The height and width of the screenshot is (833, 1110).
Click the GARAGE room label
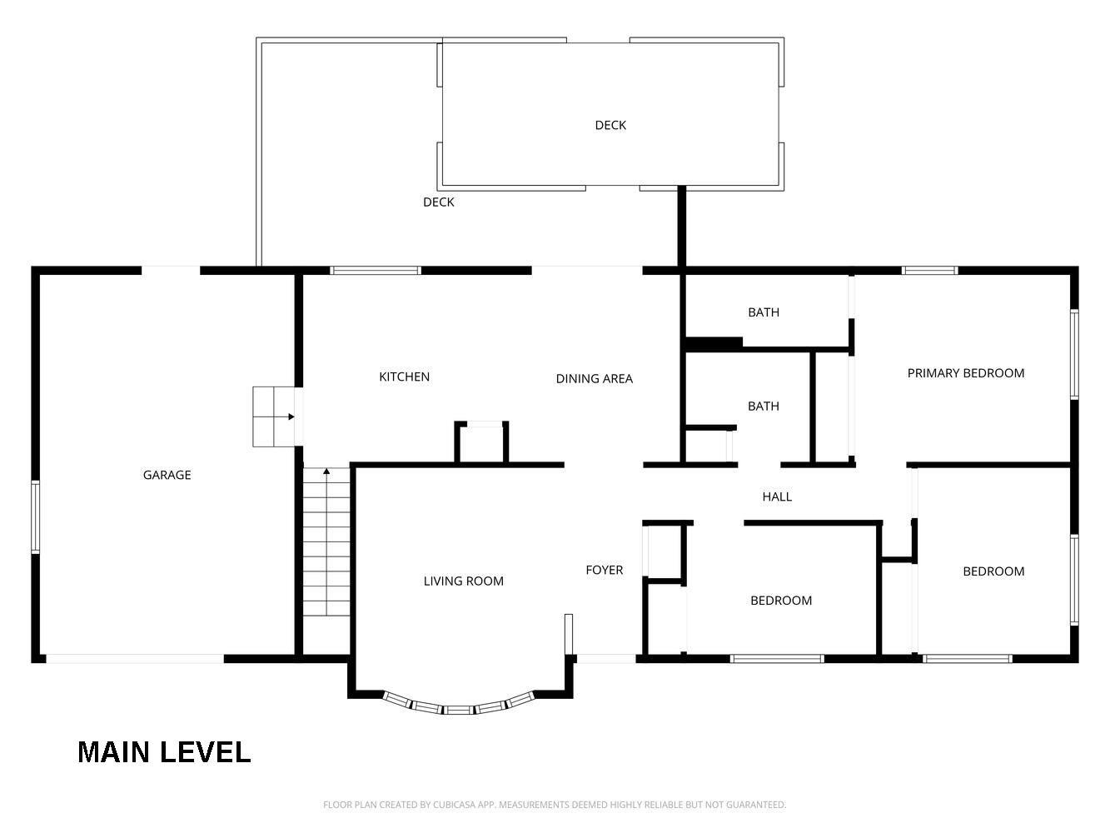[167, 475]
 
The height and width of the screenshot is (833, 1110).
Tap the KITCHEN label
[404, 377]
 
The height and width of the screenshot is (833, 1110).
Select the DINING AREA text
[595, 379]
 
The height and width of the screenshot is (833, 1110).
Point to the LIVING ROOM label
[463, 581]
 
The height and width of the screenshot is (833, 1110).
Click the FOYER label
[605, 570]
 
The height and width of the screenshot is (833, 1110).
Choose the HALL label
[777, 496]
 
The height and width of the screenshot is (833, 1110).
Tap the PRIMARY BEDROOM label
[966, 373]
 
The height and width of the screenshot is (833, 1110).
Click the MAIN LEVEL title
[164, 752]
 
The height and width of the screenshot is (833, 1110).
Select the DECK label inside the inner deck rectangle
[610, 125]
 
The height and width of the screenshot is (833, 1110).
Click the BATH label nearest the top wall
[764, 312]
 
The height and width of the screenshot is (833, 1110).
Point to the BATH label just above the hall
[764, 407]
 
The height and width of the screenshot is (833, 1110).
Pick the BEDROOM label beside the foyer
[781, 601]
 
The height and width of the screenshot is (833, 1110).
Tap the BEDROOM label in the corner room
[993, 571]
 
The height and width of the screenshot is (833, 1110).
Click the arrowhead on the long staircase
[326, 471]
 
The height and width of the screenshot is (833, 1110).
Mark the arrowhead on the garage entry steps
[291, 416]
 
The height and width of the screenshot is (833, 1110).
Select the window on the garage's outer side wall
[36, 517]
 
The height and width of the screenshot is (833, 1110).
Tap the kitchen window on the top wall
[376, 271]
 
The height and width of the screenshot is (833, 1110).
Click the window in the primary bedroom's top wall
[929, 271]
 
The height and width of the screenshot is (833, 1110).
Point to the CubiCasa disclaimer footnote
[555, 805]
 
